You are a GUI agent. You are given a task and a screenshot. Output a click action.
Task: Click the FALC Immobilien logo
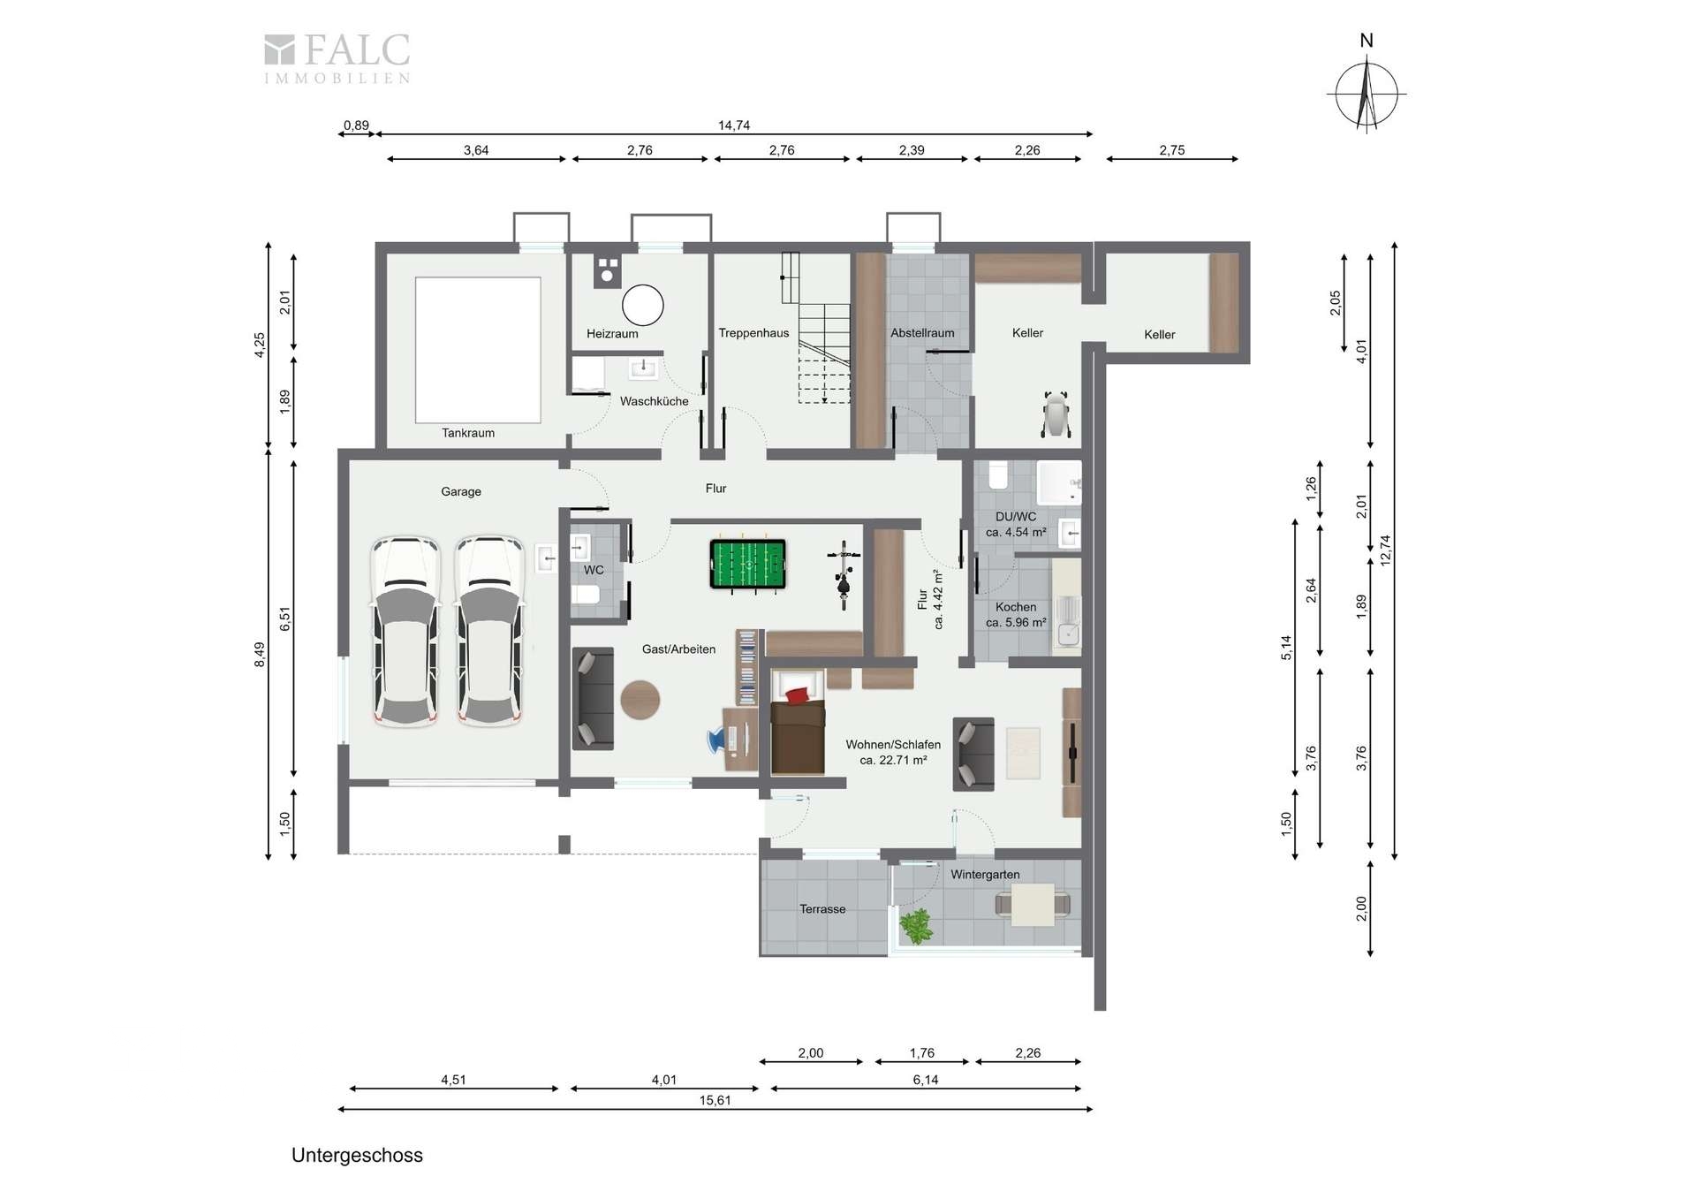pyautogui.click(x=337, y=58)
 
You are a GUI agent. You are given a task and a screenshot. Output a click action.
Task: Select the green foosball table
pyautogui.click(x=747, y=564)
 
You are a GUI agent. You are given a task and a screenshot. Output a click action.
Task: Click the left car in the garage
pyautogui.click(x=406, y=631)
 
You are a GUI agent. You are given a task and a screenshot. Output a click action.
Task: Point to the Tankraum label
pyautogui.click(x=468, y=433)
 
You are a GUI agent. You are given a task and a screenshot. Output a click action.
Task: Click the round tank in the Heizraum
pyautogui.click(x=642, y=305)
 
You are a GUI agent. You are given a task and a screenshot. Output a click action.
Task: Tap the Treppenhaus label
pyautogui.click(x=753, y=333)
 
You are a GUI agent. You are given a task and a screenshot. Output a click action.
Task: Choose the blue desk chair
pyautogui.click(x=717, y=740)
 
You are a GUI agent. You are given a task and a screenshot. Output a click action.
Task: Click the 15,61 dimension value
pyautogui.click(x=715, y=1100)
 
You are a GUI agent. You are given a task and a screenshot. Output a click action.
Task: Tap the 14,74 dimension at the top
pyautogui.click(x=734, y=125)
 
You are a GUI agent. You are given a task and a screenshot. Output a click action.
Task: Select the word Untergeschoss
pyautogui.click(x=357, y=1156)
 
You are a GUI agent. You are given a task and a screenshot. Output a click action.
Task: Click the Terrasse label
pyautogui.click(x=822, y=909)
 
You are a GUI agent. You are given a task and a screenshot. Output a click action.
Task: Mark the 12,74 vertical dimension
pyautogui.click(x=1385, y=550)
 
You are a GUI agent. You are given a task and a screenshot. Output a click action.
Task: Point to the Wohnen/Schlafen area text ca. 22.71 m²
pyautogui.click(x=893, y=760)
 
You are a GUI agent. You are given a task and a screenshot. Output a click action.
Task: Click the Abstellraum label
pyautogui.click(x=922, y=333)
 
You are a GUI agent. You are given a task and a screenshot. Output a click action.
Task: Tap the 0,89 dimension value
pyautogui.click(x=356, y=125)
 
